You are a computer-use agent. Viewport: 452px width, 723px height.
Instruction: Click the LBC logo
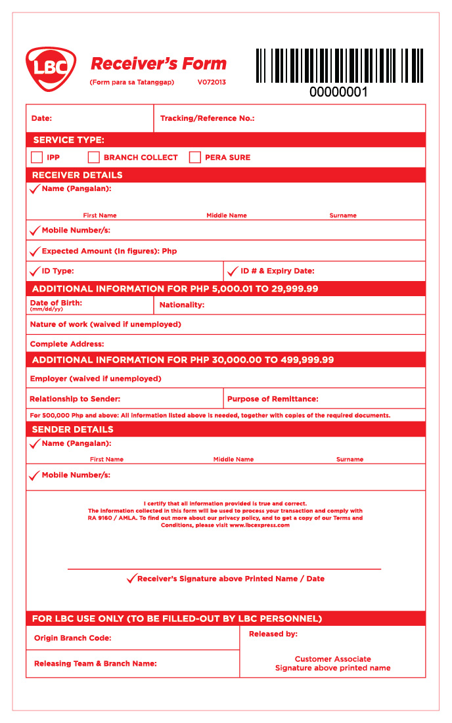coord(51,69)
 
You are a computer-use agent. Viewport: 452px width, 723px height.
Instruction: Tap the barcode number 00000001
coord(338,93)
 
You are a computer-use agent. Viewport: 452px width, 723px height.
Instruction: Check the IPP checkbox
coord(37,158)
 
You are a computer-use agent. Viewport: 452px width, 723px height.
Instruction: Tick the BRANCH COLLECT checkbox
coord(94,158)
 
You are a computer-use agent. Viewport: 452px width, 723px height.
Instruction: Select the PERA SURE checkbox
coord(194,158)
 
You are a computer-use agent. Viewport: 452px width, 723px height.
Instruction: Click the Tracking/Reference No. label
coord(207,119)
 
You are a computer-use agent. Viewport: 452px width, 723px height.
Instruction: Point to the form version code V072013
coord(212,83)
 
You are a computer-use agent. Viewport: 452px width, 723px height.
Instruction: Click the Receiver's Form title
coord(158,64)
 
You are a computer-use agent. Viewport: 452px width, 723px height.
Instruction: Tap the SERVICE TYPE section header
coord(68,140)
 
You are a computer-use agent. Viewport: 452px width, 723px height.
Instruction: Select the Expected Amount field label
coord(109,252)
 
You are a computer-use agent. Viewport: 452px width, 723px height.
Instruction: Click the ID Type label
coord(58,271)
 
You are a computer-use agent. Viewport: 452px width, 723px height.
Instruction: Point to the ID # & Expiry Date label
coord(277,271)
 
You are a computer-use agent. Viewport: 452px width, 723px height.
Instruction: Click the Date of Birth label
coord(56,303)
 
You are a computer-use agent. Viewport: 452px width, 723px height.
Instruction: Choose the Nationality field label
coord(182,305)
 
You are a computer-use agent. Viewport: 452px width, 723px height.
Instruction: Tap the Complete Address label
coord(67,344)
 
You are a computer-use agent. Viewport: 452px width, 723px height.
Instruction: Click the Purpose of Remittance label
coord(273,399)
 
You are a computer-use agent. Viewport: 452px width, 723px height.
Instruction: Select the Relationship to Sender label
coord(75,399)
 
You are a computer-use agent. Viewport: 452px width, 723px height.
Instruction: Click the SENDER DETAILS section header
coord(72,429)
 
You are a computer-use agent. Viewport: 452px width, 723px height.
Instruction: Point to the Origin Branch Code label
coord(72,638)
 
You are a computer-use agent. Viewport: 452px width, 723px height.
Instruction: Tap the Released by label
coord(273,634)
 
